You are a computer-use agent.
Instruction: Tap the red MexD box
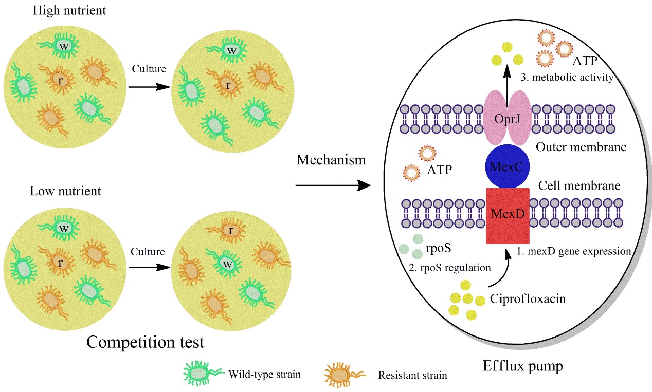(x=507, y=215)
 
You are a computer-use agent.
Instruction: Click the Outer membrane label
(x=581, y=147)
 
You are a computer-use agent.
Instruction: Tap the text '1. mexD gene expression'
(x=574, y=252)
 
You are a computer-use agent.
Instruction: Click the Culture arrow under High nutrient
(x=149, y=87)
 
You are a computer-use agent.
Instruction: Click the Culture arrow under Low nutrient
(x=149, y=268)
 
